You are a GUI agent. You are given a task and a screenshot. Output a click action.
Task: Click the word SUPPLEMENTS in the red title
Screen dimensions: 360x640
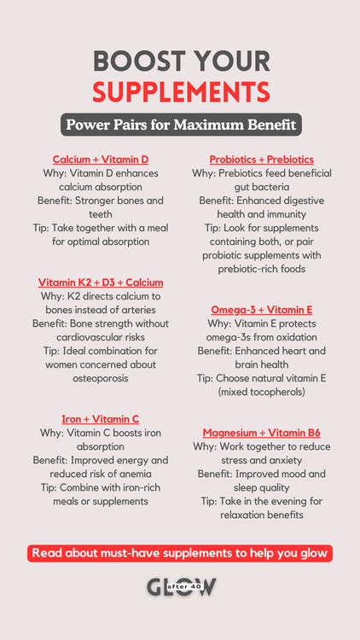[x=181, y=91]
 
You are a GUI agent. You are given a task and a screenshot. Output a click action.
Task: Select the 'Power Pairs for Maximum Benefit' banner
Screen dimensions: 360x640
[x=181, y=125]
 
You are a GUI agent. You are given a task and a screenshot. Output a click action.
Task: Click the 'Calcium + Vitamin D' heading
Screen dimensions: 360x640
[x=101, y=160]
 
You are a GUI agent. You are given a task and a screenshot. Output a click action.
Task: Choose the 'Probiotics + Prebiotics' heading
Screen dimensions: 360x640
[x=261, y=160]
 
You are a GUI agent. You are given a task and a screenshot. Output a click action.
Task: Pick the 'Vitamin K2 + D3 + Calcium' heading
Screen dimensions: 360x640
[x=101, y=282]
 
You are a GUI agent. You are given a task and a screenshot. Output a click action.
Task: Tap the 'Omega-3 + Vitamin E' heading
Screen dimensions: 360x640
[x=261, y=310]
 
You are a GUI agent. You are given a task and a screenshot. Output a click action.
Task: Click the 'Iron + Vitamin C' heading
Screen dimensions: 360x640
[x=101, y=419]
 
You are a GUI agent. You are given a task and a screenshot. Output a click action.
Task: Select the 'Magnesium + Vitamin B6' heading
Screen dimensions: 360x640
[x=261, y=433]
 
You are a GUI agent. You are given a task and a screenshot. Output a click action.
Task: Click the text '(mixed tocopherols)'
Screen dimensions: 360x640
[x=261, y=392]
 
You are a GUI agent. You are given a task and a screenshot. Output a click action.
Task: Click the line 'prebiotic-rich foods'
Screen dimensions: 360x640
[x=261, y=269]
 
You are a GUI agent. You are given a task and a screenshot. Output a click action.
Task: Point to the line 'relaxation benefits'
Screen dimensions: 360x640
[x=261, y=515]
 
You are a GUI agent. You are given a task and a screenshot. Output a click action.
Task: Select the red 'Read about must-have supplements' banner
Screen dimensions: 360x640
[x=180, y=553]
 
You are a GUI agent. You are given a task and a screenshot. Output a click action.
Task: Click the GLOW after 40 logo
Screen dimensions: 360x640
[x=180, y=586]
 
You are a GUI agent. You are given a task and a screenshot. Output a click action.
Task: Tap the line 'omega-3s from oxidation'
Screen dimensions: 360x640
[x=261, y=337]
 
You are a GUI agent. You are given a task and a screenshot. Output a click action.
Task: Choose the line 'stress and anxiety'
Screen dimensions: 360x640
[x=261, y=460]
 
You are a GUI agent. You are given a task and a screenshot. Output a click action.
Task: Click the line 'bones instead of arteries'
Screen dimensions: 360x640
[x=101, y=310]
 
